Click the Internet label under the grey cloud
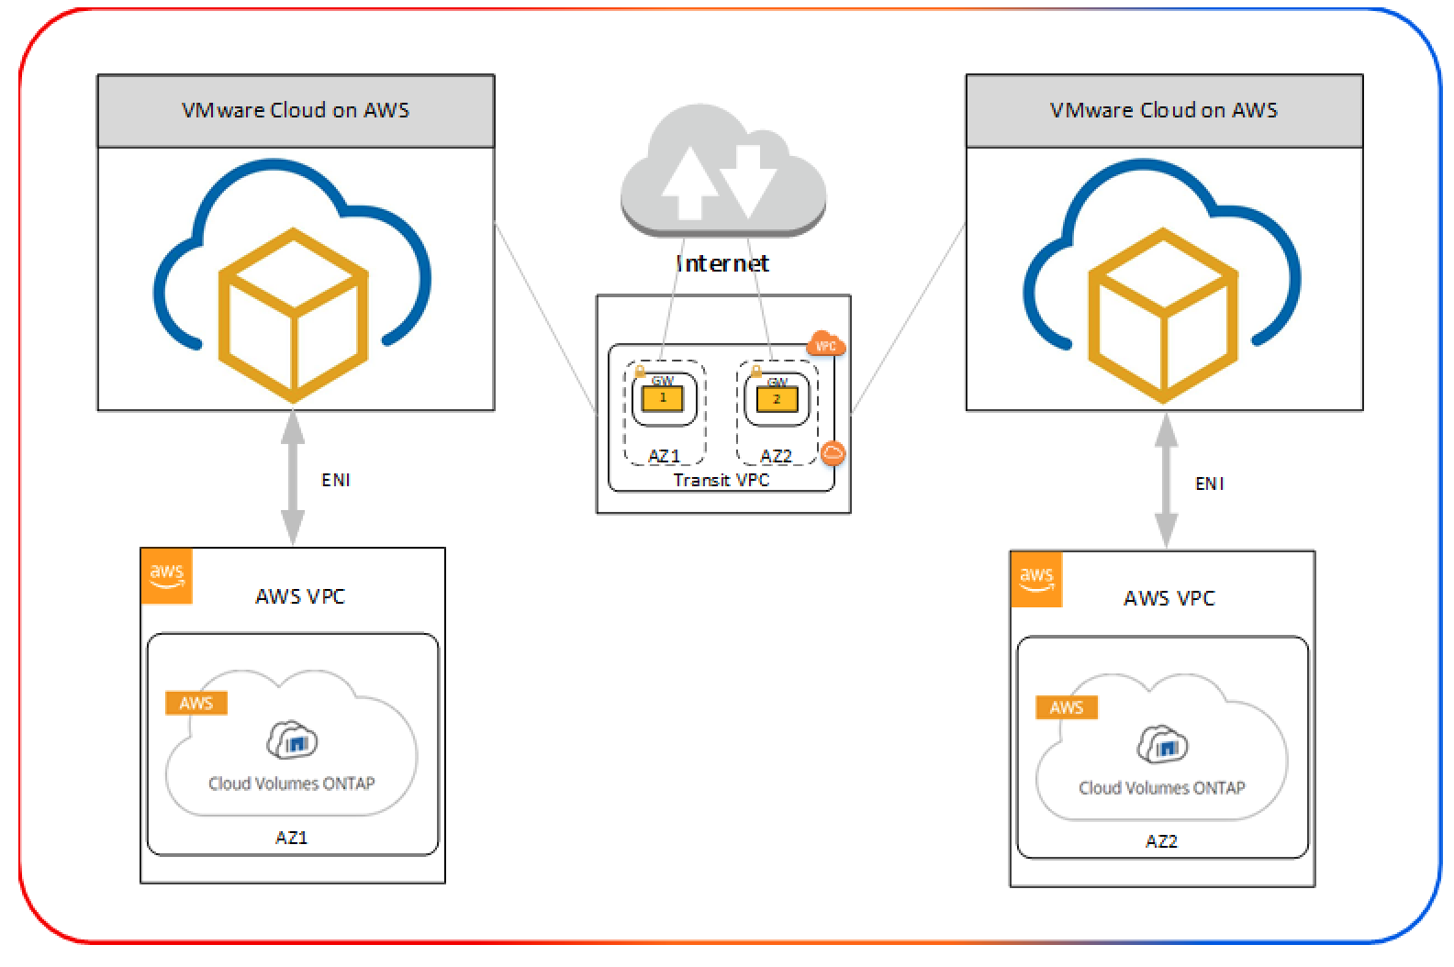coord(722,263)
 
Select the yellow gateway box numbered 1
coord(663,398)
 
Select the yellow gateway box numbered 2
coord(777,399)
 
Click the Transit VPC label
coord(721,480)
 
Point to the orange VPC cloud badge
coord(825,346)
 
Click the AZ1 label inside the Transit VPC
coord(664,456)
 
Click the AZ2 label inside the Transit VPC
coord(776,456)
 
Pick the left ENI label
coord(336,480)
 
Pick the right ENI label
coord(1210,483)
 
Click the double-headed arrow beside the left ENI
coord(293,478)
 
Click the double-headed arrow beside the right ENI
coord(1166,480)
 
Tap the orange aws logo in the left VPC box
coord(167,576)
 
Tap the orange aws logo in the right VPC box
coord(1036,579)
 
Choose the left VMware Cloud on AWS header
coord(296,110)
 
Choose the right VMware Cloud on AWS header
coord(1164,110)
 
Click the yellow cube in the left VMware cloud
coord(293,315)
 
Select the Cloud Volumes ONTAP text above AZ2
coord(1161,787)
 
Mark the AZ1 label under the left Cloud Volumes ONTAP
coord(291,837)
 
